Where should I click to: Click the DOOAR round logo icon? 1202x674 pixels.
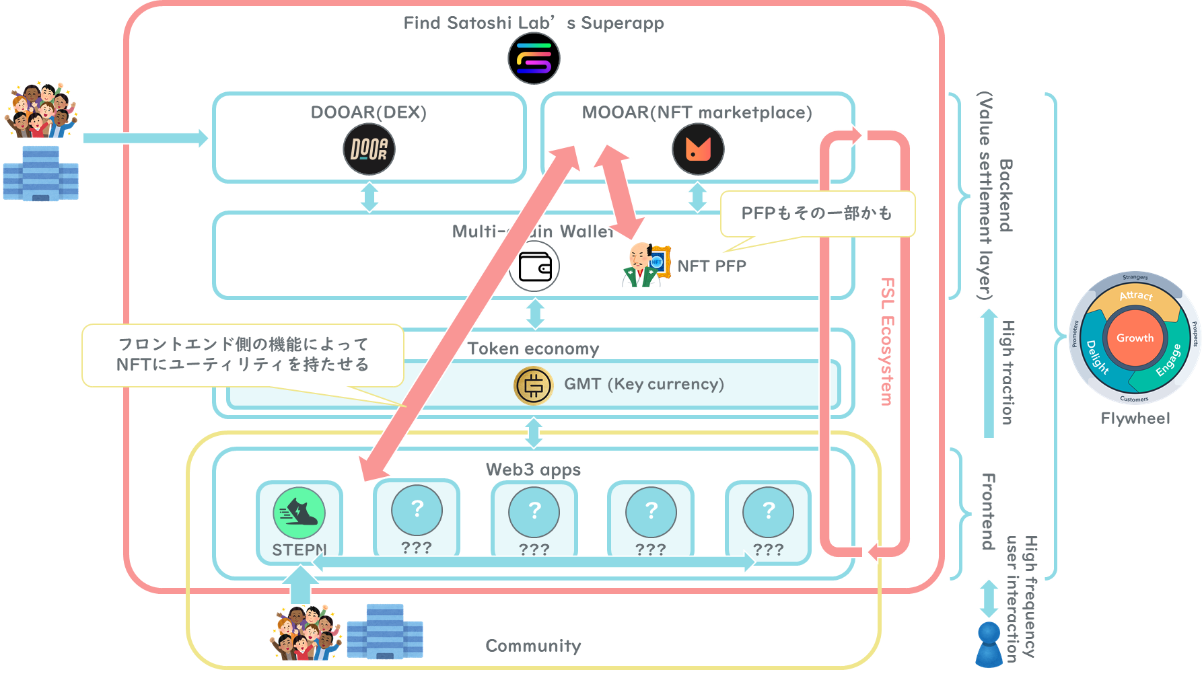[x=369, y=149]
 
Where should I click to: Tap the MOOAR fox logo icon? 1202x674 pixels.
[x=698, y=149]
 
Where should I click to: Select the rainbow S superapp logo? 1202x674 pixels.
[x=534, y=58]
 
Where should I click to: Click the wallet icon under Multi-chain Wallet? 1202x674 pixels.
[x=534, y=267]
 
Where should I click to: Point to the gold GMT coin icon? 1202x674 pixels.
[x=533, y=385]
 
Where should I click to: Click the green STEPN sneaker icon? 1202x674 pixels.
[x=299, y=513]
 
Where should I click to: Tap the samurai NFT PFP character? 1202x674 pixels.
[x=643, y=266]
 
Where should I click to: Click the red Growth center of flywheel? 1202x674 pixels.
[x=1135, y=338]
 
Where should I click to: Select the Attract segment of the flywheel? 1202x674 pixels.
[x=1136, y=297]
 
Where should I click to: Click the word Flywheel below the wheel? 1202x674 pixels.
[x=1135, y=418]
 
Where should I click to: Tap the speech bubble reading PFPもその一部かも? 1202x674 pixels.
[x=817, y=213]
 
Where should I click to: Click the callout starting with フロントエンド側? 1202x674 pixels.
[x=243, y=354]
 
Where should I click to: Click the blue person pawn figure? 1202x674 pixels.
[x=989, y=644]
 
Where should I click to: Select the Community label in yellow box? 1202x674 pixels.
[x=533, y=646]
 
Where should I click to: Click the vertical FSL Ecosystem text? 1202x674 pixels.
[x=887, y=342]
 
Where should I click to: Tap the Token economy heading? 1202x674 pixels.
[x=533, y=348]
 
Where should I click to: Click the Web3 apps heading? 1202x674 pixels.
[x=533, y=470]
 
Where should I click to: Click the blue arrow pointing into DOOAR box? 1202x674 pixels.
[x=145, y=138]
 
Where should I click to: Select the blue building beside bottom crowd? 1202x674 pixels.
[x=385, y=632]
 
